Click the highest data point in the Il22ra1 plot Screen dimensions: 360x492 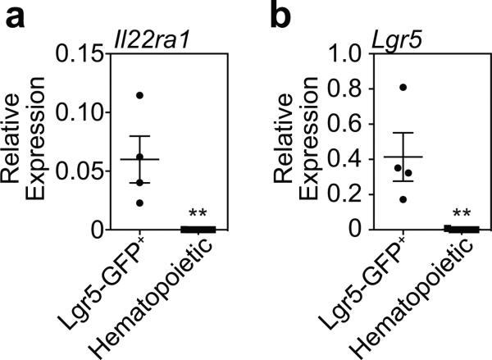point(139,95)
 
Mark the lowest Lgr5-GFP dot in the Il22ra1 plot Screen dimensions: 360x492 point(139,203)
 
